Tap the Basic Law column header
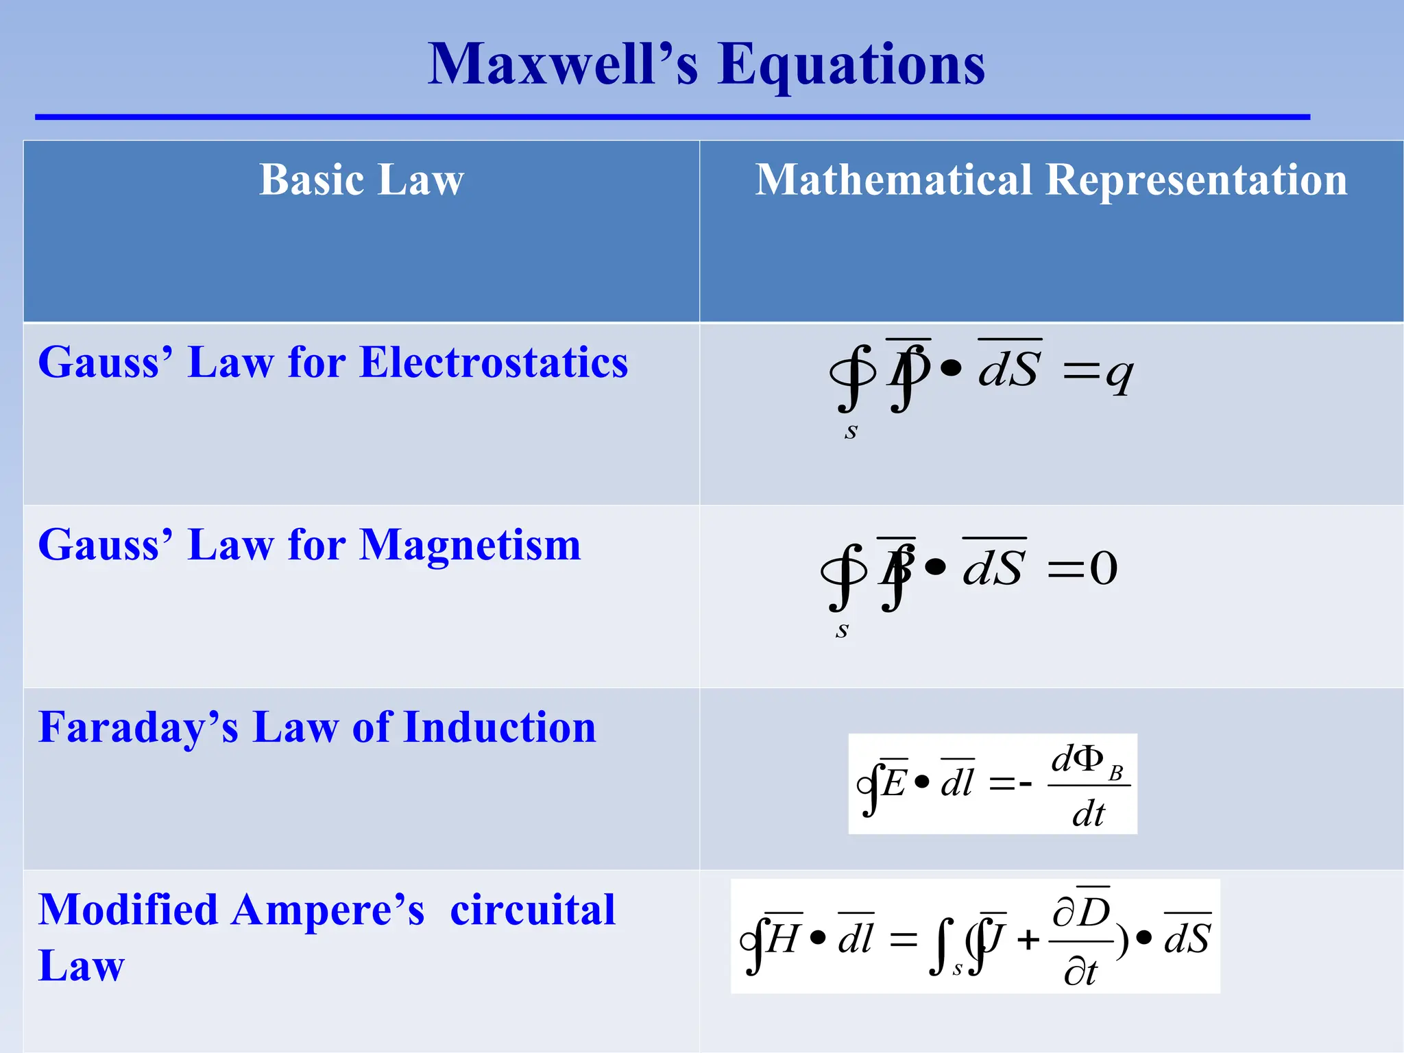coord(361,180)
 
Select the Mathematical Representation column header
coord(1051,180)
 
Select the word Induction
coord(500,727)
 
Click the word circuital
coord(533,910)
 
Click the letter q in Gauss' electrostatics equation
coord(1120,375)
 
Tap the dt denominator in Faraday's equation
coord(1089,814)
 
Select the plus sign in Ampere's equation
coord(1028,940)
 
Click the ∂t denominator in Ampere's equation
coord(1080,972)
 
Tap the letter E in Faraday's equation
coord(895,782)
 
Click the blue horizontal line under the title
coord(672,117)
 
